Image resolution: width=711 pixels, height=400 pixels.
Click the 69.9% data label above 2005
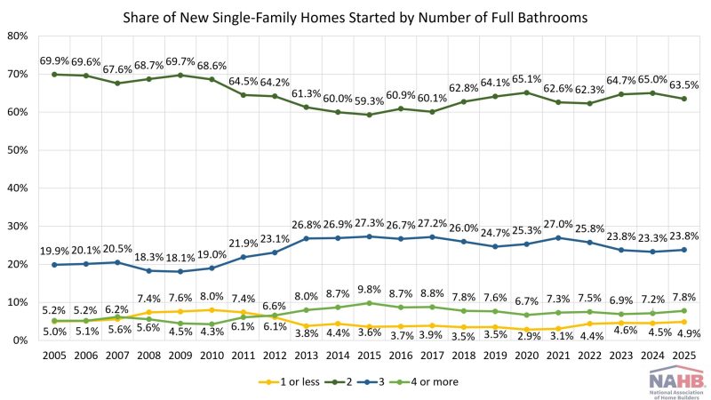click(x=54, y=60)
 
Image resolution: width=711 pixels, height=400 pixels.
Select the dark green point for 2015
click(x=369, y=115)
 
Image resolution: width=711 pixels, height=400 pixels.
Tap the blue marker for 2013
click(x=306, y=238)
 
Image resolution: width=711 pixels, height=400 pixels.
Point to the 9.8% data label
click(x=369, y=290)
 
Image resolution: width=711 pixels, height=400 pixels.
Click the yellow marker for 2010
click(x=212, y=309)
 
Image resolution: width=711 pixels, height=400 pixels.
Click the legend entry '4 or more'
click(x=423, y=382)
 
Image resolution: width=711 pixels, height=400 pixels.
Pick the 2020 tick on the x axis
click(x=526, y=356)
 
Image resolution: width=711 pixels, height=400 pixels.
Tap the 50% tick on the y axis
click(x=17, y=150)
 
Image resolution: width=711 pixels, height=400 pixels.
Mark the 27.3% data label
click(x=369, y=223)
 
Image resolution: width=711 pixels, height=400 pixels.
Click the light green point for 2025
click(x=683, y=310)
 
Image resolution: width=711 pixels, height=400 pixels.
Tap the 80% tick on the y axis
click(x=17, y=36)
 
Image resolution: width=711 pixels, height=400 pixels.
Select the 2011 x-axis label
click(x=243, y=356)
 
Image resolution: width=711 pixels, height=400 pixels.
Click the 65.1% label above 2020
click(x=526, y=79)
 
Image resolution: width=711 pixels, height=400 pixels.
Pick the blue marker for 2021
click(x=558, y=237)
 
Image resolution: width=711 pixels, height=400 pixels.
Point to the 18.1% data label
click(x=180, y=258)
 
